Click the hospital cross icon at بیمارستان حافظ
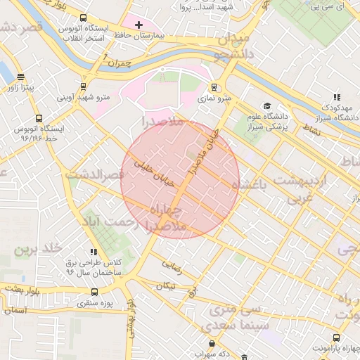coord(139,25)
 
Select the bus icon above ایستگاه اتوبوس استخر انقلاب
coord(84,18)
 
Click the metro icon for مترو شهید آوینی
coord(84,86)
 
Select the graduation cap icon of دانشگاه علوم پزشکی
coord(267,105)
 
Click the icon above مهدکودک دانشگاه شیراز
coord(337,97)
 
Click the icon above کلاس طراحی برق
coord(94,251)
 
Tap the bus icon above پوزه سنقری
coord(94,292)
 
